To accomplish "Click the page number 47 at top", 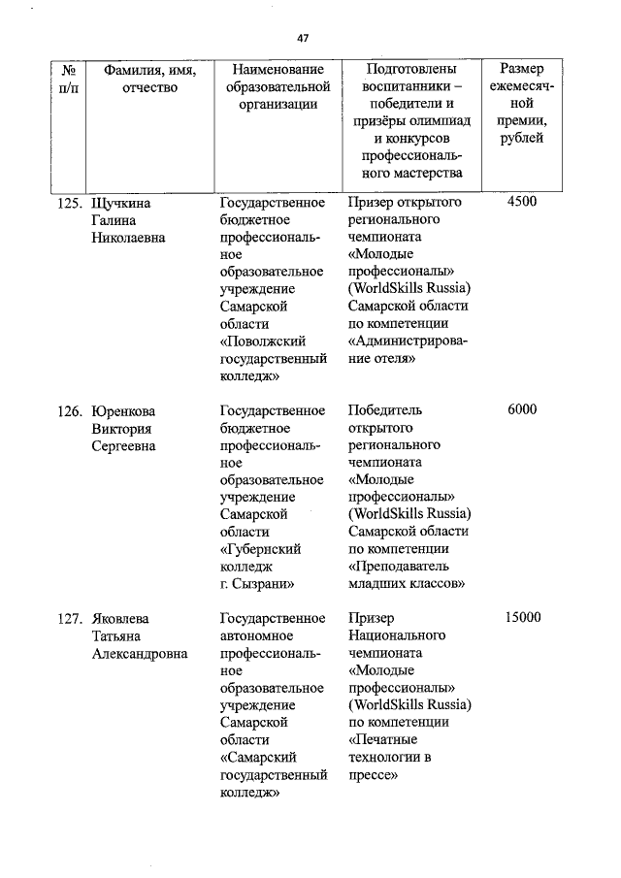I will (x=303, y=38).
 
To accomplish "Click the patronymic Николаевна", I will (x=129, y=238).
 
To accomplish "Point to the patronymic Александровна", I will (x=140, y=653).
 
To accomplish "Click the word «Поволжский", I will (x=264, y=341).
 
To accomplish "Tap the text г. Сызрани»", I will (x=257, y=584).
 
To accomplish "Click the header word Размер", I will (x=521, y=71).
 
